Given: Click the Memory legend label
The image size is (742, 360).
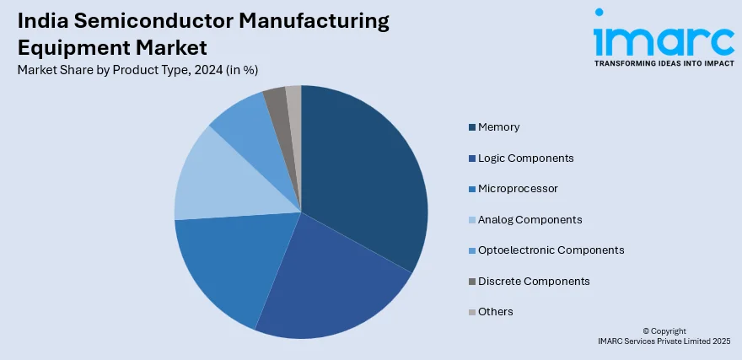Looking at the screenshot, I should pos(498,127).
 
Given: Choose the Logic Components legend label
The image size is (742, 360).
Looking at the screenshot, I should pos(525,158).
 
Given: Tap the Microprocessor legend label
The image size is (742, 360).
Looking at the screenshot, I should pos(518,189).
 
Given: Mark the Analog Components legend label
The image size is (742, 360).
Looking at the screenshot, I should pos(530,219).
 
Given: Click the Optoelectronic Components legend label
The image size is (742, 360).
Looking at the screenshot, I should pos(551,250).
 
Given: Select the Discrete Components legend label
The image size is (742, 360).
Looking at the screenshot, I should pos(534,281).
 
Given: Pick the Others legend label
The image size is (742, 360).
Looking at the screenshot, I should pos(495,312).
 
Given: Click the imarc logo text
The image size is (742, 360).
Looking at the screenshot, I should pos(663,38).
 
